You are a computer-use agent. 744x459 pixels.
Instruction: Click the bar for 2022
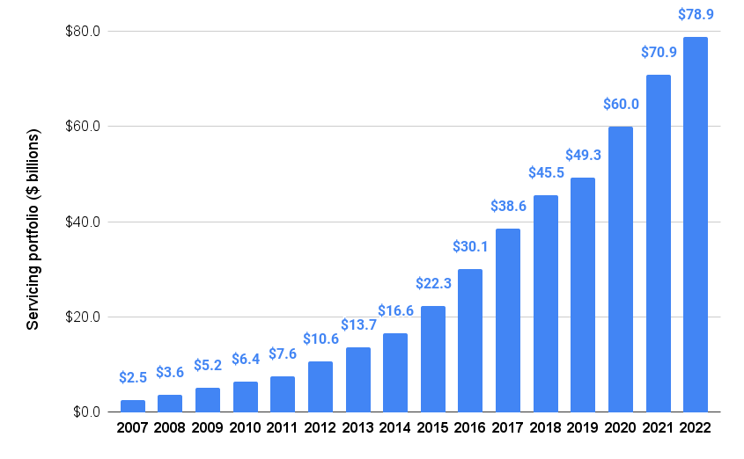pyautogui.click(x=696, y=224)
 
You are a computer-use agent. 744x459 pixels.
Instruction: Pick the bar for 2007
pyautogui.click(x=133, y=406)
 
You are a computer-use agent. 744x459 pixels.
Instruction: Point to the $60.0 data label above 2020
pyautogui.click(x=621, y=104)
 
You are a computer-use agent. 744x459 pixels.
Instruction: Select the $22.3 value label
pyautogui.click(x=433, y=283)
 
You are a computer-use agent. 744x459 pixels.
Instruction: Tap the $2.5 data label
pyautogui.click(x=133, y=378)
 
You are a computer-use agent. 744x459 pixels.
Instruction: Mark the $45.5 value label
pyautogui.click(x=546, y=172)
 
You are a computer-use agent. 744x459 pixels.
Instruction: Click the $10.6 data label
pyautogui.click(x=320, y=339)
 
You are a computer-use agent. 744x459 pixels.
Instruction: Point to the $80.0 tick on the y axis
pyautogui.click(x=84, y=32)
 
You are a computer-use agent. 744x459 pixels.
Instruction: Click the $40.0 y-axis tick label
pyautogui.click(x=84, y=222)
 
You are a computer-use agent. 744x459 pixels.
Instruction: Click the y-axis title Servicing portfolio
pyautogui.click(x=33, y=230)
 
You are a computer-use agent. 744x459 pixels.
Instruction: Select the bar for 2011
pyautogui.click(x=283, y=394)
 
